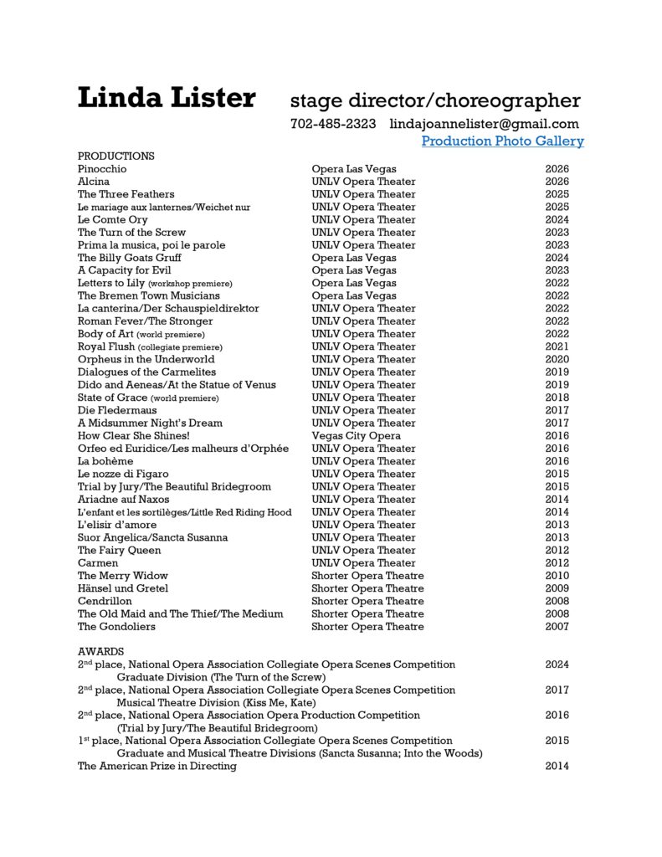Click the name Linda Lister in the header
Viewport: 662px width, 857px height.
166,99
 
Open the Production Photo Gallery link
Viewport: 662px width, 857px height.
502,141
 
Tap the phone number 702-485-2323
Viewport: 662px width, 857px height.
332,123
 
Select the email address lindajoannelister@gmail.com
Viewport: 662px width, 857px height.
485,123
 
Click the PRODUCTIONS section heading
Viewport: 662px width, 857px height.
115,156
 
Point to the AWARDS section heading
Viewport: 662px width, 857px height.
100,651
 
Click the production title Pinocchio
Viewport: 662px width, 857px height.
102,169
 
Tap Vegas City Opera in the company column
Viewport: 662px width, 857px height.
356,435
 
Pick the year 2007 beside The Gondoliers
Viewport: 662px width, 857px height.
557,626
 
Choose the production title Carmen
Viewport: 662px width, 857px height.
98,562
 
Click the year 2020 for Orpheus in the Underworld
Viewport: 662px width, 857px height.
557,359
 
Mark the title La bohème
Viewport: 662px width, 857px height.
105,461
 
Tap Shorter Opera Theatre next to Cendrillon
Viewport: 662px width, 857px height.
367,601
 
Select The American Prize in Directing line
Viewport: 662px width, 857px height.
157,766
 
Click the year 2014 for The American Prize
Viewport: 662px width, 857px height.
557,766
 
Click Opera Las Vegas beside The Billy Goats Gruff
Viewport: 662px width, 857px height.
354,258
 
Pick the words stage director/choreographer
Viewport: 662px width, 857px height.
434,101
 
